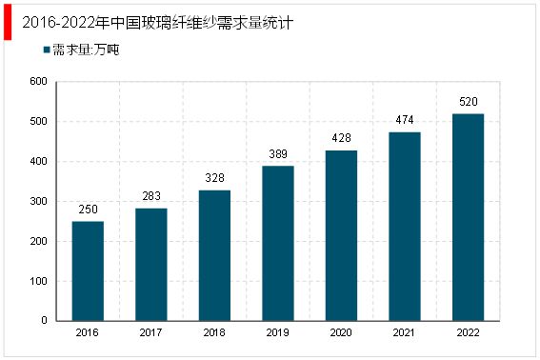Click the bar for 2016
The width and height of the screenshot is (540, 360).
tap(88, 270)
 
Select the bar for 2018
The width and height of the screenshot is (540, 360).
tap(214, 255)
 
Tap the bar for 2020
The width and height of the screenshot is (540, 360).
tap(341, 235)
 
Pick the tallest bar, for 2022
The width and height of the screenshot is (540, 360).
tap(468, 217)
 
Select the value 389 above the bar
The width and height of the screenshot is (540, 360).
tap(278, 154)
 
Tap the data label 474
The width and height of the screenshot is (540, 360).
tap(404, 120)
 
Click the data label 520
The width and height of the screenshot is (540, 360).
tap(468, 102)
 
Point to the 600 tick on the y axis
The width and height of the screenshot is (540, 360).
tap(38, 82)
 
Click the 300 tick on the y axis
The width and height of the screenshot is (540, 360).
tap(38, 202)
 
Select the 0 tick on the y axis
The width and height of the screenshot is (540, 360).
tap(44, 321)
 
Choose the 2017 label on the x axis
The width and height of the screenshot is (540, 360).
tap(151, 333)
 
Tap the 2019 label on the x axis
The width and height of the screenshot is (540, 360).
tap(278, 333)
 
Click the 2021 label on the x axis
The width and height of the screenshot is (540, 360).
tap(404, 333)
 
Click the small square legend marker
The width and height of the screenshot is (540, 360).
tap(46, 50)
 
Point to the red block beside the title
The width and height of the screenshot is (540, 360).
tap(8, 21)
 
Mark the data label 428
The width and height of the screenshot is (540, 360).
tap(341, 138)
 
